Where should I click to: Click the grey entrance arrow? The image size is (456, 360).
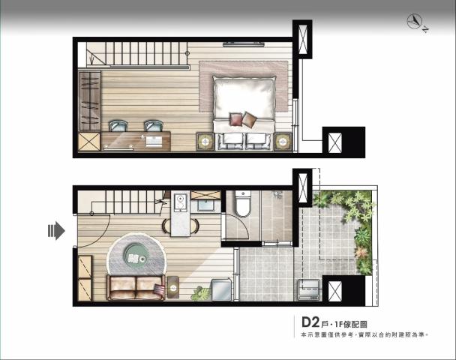[x=56, y=230]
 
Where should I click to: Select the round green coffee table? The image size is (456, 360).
[x=136, y=253]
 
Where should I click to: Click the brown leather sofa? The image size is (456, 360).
[x=136, y=287]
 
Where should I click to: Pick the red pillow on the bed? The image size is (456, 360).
[x=235, y=119]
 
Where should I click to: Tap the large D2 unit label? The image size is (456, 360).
[x=310, y=322]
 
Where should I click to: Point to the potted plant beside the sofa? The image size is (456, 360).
[x=201, y=293]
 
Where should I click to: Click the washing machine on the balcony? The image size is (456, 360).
[x=308, y=289]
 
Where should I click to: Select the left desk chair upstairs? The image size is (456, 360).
[x=118, y=126]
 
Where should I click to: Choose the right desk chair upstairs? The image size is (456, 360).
[x=154, y=126]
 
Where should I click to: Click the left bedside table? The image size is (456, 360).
[x=205, y=142]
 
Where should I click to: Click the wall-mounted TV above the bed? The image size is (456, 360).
[x=244, y=44]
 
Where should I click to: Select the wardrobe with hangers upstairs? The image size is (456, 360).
[x=90, y=100]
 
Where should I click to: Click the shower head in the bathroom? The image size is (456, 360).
[x=276, y=194]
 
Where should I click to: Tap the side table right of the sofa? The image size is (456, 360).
[x=173, y=287]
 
